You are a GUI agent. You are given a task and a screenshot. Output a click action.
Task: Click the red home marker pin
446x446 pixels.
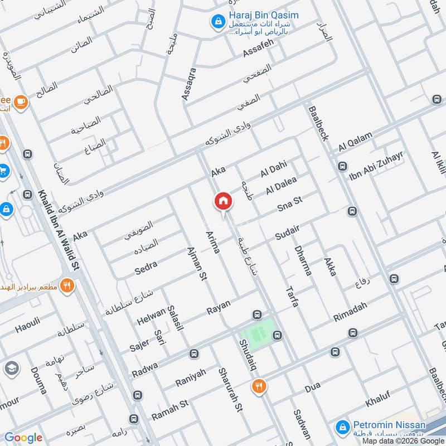tap(223, 201)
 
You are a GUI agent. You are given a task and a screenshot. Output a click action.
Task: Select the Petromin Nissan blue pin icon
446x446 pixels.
tap(342, 428)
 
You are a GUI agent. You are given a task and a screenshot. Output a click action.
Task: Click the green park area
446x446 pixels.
tap(258, 333)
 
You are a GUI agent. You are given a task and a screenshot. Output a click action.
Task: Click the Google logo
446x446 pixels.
tap(23, 437)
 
